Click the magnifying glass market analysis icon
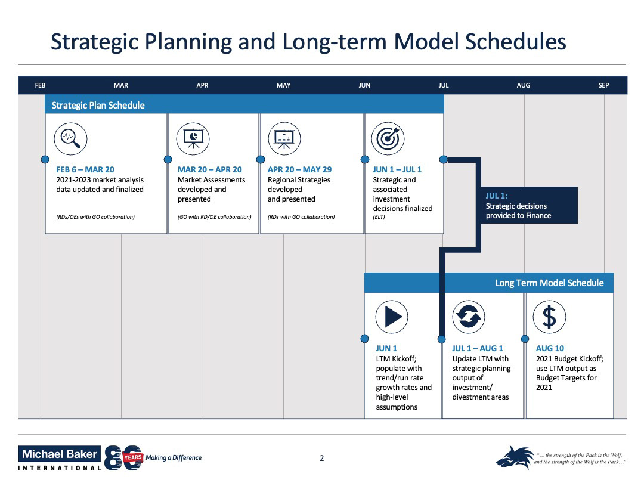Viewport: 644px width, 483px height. (x=70, y=138)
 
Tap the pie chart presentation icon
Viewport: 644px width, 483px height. (x=193, y=138)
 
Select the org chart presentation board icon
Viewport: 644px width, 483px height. (x=284, y=138)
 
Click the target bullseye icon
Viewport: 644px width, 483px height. (x=388, y=138)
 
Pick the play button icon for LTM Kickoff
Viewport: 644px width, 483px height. (x=392, y=316)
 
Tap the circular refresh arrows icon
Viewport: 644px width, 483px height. (x=468, y=316)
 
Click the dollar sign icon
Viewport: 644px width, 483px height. (x=549, y=316)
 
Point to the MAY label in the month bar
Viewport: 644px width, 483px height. (x=284, y=85)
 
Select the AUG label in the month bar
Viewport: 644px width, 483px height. (x=523, y=85)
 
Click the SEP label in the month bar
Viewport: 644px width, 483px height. (x=603, y=85)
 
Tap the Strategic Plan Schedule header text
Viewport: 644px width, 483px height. (x=98, y=106)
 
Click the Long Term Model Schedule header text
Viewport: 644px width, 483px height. (x=549, y=283)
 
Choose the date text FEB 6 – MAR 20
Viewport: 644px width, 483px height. (x=85, y=169)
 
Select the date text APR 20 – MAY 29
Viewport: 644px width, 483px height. (x=299, y=169)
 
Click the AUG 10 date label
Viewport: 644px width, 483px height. (x=550, y=348)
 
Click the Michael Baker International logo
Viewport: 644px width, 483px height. (x=60, y=458)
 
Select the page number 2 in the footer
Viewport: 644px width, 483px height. (x=322, y=458)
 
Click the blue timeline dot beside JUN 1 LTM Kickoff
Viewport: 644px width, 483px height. (x=365, y=339)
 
